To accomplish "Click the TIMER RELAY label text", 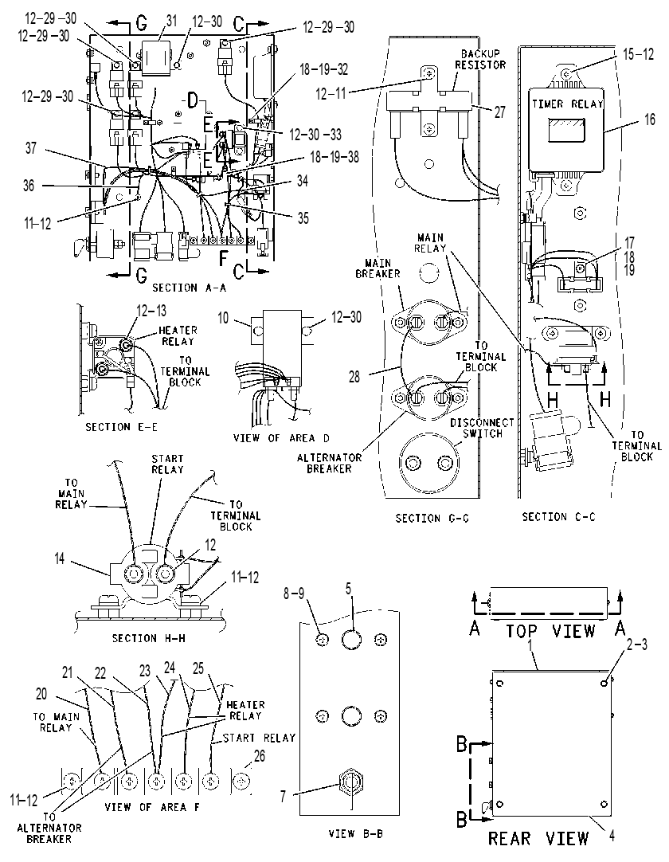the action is (567, 104).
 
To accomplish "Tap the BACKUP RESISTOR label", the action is (480, 59).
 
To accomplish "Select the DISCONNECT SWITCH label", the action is (482, 428).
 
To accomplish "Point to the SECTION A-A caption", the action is (189, 288).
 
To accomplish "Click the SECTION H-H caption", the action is (148, 638).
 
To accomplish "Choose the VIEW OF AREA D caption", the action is (281, 438).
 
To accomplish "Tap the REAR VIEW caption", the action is (538, 838).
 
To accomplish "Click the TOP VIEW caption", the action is (550, 630).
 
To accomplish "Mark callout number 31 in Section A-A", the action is (171, 21).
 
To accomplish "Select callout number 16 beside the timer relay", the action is (650, 120).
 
